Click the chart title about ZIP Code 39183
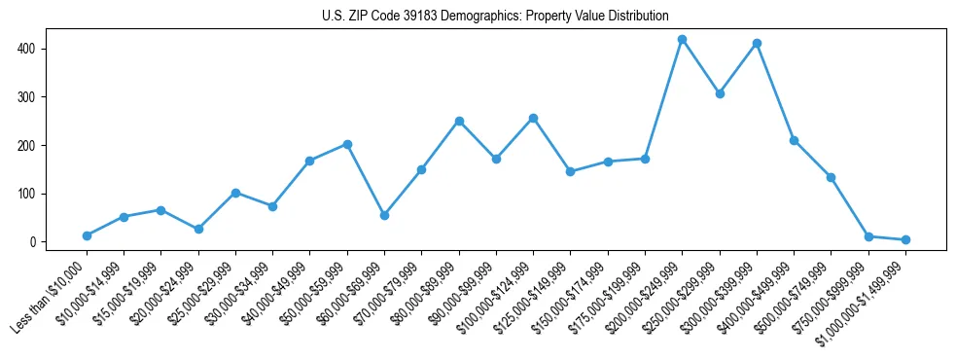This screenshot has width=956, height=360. (495, 16)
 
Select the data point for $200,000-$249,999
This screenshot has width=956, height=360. (683, 40)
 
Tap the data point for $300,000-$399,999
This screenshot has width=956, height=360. (757, 44)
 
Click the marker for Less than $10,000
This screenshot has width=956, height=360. (88, 235)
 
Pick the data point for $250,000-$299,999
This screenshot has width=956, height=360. (720, 93)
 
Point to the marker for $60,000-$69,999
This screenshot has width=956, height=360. (385, 215)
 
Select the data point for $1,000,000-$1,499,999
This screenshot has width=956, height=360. (905, 239)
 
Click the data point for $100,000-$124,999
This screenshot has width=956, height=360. (534, 119)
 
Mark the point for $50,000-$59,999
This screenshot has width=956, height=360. (347, 144)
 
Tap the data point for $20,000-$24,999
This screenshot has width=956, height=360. (198, 229)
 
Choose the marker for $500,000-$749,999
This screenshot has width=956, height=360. (832, 177)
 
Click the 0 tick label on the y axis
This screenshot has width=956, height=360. (32, 242)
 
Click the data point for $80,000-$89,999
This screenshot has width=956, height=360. (459, 121)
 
